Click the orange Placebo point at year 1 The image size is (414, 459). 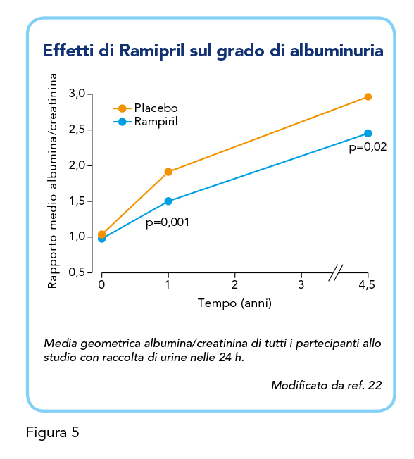[x=168, y=172]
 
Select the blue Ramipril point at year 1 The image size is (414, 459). [x=168, y=201]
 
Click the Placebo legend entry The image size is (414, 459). [x=146, y=108]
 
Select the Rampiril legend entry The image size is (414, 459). [x=146, y=122]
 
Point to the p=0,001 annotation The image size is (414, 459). [x=168, y=222]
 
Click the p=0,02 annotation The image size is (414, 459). [x=368, y=147]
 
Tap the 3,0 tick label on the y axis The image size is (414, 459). [x=77, y=94]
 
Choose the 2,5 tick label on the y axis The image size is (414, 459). [x=77, y=130]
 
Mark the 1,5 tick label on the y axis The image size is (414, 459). [x=77, y=201]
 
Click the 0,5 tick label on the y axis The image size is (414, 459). [x=77, y=272]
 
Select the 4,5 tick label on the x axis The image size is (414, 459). [x=367, y=284]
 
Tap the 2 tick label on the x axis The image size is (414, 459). [x=234, y=284]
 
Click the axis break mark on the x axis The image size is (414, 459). [x=336, y=273]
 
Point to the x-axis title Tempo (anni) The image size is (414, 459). [x=235, y=303]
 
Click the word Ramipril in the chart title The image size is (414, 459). [x=151, y=51]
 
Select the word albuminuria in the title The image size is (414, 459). [x=337, y=51]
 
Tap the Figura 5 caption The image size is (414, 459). [x=53, y=433]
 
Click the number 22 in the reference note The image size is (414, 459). [x=375, y=385]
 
